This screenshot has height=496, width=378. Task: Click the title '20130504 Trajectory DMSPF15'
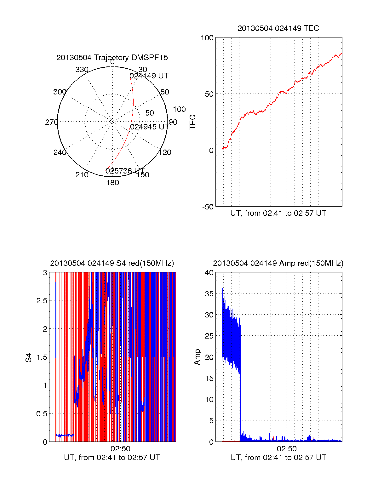point(112,58)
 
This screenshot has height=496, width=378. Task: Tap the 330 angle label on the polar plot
point(82,70)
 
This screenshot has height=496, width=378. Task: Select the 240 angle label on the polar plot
point(60,152)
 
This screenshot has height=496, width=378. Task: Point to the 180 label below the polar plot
point(112,183)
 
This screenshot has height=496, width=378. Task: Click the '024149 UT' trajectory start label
point(149,76)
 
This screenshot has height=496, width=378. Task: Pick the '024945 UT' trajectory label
point(149,127)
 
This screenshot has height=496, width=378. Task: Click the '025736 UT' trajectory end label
point(125,171)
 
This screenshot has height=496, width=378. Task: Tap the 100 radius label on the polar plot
point(179,109)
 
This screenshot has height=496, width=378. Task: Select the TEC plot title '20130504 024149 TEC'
point(278,28)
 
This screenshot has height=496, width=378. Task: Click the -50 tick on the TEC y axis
point(208,207)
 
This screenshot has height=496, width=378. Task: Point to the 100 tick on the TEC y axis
point(207,38)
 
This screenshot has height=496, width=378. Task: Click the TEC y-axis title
point(192,122)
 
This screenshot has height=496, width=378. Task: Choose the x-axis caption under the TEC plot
point(278,213)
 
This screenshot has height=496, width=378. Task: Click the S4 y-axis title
point(29,357)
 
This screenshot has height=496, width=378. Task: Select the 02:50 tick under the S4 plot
point(120,449)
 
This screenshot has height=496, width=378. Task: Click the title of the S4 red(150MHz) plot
point(112,263)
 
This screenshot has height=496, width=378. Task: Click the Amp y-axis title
point(197,357)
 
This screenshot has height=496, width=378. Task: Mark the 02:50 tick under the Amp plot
point(287,449)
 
